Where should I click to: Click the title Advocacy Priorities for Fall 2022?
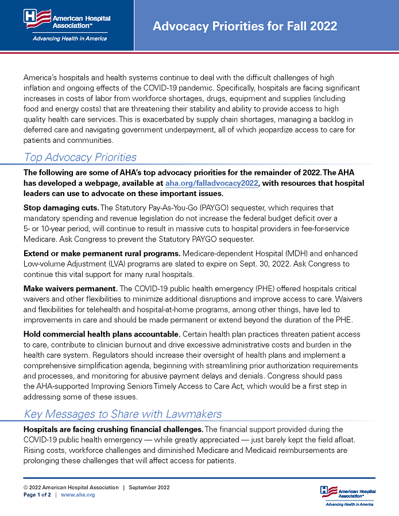(x=245, y=26)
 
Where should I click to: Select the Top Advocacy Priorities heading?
(x=80, y=157)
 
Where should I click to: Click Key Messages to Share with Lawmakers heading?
(x=122, y=414)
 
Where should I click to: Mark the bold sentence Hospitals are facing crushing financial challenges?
(x=113, y=429)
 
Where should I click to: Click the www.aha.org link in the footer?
(x=78, y=494)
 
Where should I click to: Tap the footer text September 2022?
(x=149, y=487)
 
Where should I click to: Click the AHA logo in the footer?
(x=347, y=495)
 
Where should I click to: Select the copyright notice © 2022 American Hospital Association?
(x=71, y=487)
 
